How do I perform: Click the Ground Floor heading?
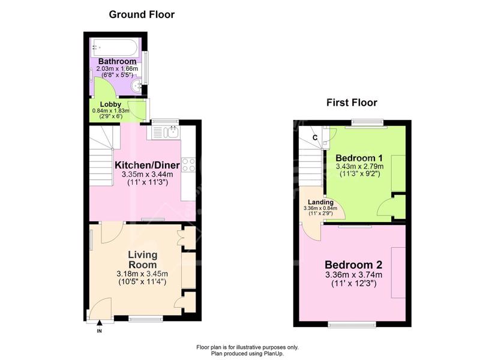[142, 14]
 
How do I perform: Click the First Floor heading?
[352, 103]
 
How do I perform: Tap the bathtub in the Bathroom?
[114, 47]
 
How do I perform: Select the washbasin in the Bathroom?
[137, 86]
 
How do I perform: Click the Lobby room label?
[110, 104]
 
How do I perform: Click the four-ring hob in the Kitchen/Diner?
[188, 165]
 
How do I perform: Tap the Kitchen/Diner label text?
[147, 165]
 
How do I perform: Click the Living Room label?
[142, 260]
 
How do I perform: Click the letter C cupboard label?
[315, 137]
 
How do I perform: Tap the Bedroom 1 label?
[359, 158]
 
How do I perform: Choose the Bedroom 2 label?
[353, 265]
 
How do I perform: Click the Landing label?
[321, 202]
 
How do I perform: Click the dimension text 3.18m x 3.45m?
[142, 274]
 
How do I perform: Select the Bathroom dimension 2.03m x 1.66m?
[117, 68]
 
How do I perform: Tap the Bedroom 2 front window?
[352, 325]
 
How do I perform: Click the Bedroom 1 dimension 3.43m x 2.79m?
[359, 166]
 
